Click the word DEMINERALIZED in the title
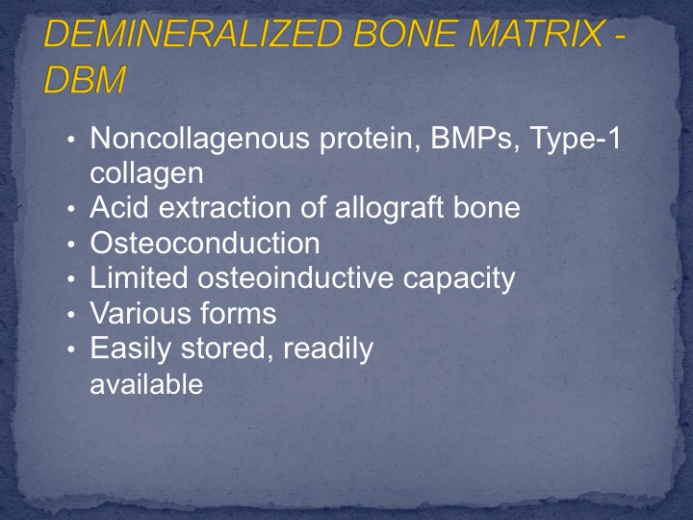(x=193, y=34)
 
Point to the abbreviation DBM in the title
(x=85, y=80)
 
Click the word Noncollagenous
(x=200, y=140)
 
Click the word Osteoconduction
(x=205, y=243)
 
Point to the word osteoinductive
(x=295, y=277)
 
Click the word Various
(x=141, y=313)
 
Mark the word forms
(x=239, y=313)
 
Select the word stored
(x=226, y=349)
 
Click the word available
(x=146, y=383)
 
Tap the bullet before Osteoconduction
(x=71, y=244)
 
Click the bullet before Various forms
(x=71, y=314)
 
